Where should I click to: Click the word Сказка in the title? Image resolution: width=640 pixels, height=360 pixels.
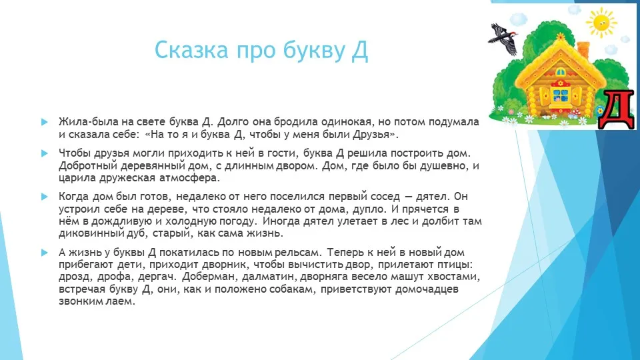[191, 50]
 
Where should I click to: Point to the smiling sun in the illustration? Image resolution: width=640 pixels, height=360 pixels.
[601, 22]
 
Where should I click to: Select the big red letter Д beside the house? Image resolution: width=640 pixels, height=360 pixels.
[617, 109]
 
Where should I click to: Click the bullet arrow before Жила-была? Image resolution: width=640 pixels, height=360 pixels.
[45, 121]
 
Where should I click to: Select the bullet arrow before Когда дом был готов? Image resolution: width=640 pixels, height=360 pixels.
[45, 196]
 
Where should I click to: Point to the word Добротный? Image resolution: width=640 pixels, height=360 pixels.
[88, 166]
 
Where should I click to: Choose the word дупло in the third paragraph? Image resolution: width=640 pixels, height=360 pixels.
[369, 209]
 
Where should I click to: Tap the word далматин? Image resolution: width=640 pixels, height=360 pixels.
[269, 277]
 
